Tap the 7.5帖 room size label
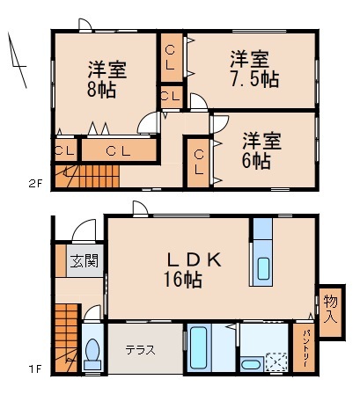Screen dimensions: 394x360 pos(255,78)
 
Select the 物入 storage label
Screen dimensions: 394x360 pos(329,308)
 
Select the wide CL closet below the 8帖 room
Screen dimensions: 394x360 pos(119,150)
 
